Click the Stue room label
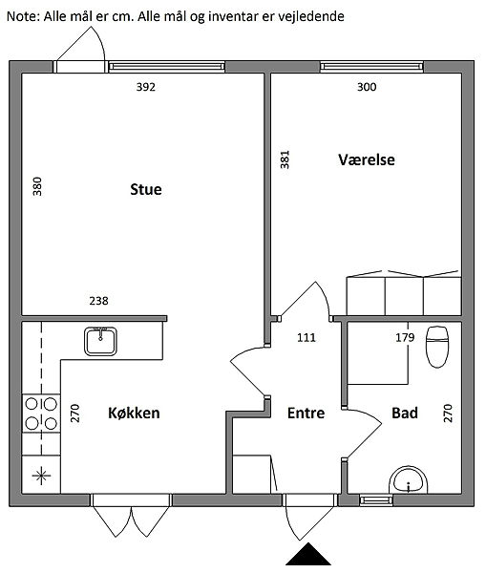pyautogui.click(x=146, y=189)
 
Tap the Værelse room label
pyautogui.click(x=367, y=159)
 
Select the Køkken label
pyautogui.click(x=134, y=413)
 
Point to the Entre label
pyautogui.click(x=306, y=413)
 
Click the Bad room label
pyautogui.click(x=405, y=413)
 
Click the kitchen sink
pyautogui.click(x=100, y=341)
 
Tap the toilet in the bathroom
pyautogui.click(x=437, y=347)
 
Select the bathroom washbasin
pyautogui.click(x=408, y=479)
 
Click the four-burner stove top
pyautogui.click(x=41, y=414)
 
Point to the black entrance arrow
pyautogui.click(x=308, y=554)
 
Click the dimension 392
pyautogui.click(x=146, y=87)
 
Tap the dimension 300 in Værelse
pyautogui.click(x=367, y=87)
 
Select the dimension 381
pyautogui.click(x=285, y=159)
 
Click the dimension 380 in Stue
pyautogui.click(x=37, y=186)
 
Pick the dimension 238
pyautogui.click(x=98, y=301)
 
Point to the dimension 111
pyautogui.click(x=306, y=337)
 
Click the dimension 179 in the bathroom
pyautogui.click(x=405, y=337)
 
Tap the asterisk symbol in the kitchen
pyautogui.click(x=41, y=476)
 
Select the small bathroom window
pyautogui.click(x=376, y=499)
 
